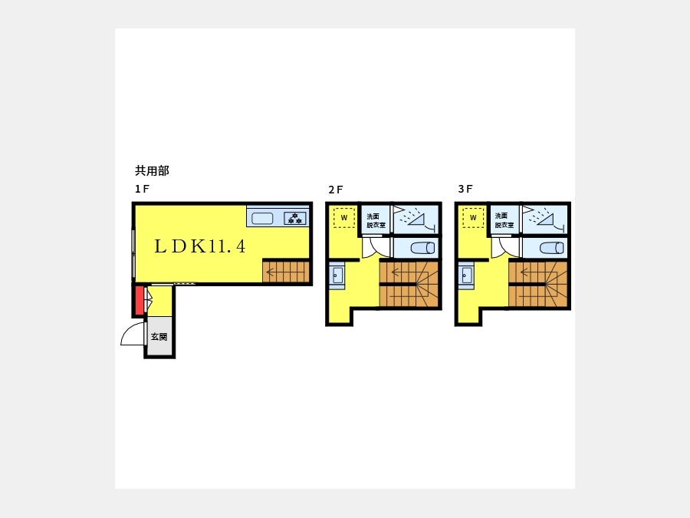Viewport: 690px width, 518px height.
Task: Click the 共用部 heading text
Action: click(x=152, y=170)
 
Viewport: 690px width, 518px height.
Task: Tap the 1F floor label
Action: click(x=142, y=189)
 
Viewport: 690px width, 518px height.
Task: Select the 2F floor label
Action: click(x=335, y=190)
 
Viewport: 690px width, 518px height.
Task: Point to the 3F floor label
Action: click(x=465, y=189)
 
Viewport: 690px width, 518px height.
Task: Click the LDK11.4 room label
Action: click(x=200, y=246)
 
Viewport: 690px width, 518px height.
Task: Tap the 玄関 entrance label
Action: click(x=159, y=337)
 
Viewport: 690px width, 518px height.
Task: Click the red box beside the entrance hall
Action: click(x=139, y=300)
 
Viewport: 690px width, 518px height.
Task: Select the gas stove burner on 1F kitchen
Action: click(x=295, y=218)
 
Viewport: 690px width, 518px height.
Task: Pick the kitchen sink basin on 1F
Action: click(x=262, y=218)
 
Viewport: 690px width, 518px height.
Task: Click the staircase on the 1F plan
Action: click(x=286, y=272)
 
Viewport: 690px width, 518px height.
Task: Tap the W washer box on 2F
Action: click(x=344, y=218)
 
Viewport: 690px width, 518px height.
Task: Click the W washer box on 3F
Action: click(x=473, y=218)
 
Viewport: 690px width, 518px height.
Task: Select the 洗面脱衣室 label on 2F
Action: click(x=376, y=220)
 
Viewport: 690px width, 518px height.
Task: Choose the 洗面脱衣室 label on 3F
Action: click(x=504, y=220)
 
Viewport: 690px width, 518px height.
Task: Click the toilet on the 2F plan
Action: click(x=422, y=248)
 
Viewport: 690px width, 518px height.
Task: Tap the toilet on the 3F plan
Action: click(x=552, y=248)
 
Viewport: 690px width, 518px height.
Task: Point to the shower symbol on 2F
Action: click(x=414, y=217)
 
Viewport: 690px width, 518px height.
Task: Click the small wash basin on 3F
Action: click(x=466, y=275)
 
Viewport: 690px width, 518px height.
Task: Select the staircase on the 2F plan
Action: click(x=409, y=285)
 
